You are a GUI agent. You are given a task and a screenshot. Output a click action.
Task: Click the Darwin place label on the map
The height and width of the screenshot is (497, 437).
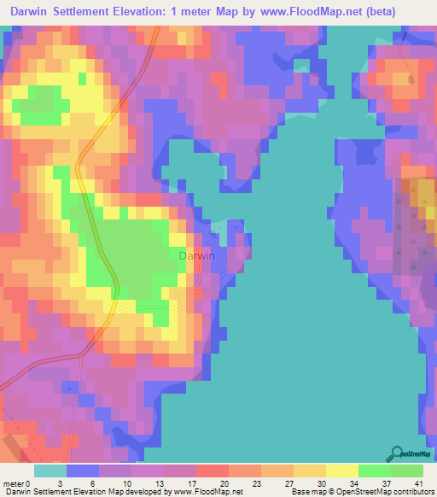click(x=196, y=254)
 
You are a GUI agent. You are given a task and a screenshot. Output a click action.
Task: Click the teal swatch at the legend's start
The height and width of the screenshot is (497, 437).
click(x=50, y=471)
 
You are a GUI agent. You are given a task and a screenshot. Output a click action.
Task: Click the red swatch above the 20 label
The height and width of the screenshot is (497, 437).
click(x=212, y=471)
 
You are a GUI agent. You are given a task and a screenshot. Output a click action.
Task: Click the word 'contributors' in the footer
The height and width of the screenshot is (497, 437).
click(x=411, y=492)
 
